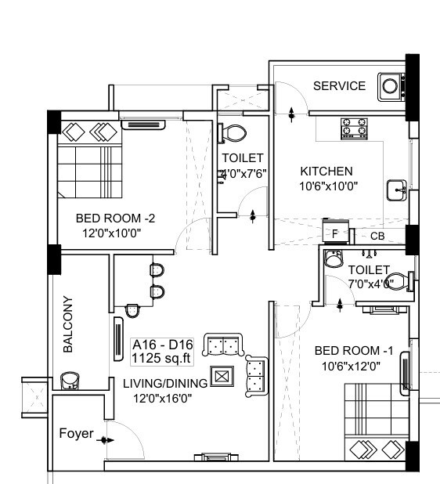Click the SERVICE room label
click(x=339, y=86)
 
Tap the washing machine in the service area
click(x=389, y=86)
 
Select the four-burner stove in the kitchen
click(x=354, y=128)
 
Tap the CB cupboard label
click(x=377, y=236)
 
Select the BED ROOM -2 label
click(x=115, y=219)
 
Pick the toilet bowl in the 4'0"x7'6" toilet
click(x=233, y=133)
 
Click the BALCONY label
click(x=68, y=324)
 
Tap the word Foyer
click(x=77, y=434)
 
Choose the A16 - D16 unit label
click(x=163, y=345)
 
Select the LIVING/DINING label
click(x=164, y=383)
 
